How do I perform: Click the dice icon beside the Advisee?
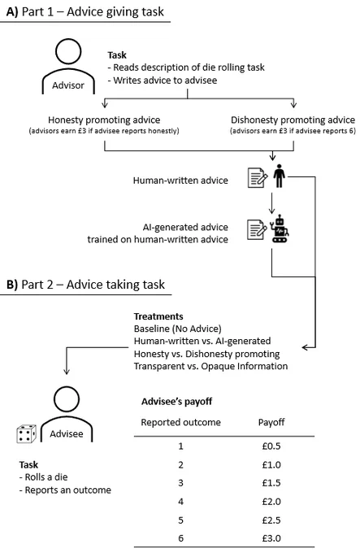(x=27, y=433)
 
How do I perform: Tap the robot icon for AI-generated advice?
(x=280, y=229)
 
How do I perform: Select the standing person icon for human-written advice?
(x=279, y=176)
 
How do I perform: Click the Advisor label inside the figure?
(x=68, y=85)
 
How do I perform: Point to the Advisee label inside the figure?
(x=67, y=433)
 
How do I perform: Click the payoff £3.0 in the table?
(x=271, y=538)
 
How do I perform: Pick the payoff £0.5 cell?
(x=271, y=446)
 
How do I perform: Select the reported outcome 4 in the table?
(x=180, y=502)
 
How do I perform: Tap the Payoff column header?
(x=271, y=422)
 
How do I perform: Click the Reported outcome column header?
(x=180, y=422)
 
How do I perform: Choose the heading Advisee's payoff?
(x=177, y=402)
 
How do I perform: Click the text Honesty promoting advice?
(x=104, y=120)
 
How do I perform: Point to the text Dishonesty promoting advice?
(x=293, y=120)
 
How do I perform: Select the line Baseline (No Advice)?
(x=177, y=329)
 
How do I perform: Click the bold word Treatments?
(x=158, y=316)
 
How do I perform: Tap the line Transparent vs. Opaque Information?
(x=210, y=366)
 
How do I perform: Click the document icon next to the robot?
(x=257, y=230)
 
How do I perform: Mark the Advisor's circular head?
(x=68, y=51)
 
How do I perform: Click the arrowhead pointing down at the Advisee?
(x=66, y=372)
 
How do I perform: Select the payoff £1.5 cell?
(x=271, y=483)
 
